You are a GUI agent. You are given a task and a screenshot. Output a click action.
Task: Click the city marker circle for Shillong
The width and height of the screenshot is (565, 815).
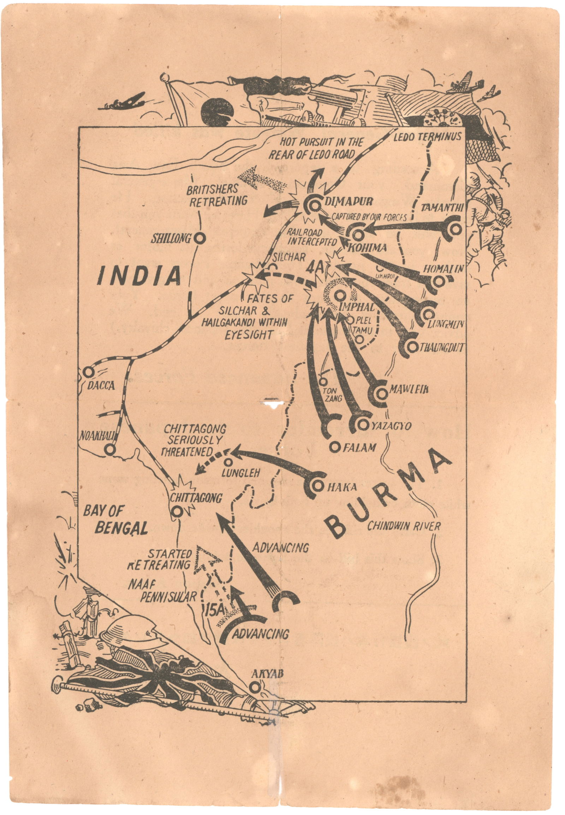coord(199,238)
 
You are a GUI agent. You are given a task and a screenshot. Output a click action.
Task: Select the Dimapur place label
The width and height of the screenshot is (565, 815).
coord(349,201)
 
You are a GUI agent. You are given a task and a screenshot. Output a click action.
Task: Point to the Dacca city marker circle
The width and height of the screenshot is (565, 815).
coord(88,372)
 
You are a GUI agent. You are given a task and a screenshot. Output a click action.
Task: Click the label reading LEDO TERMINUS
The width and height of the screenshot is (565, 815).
coord(427,136)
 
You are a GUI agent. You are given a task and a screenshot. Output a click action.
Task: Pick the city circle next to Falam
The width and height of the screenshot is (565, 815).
coord(334,447)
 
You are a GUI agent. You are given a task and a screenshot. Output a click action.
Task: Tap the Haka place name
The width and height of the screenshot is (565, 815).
coord(341,487)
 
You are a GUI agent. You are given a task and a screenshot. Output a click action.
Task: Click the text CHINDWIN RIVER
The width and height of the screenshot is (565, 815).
coord(404,526)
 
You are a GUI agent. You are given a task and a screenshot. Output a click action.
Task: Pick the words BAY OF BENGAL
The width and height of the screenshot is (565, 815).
coord(115,520)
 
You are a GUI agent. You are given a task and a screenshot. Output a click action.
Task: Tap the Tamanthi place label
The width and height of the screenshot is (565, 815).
coord(441,208)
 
